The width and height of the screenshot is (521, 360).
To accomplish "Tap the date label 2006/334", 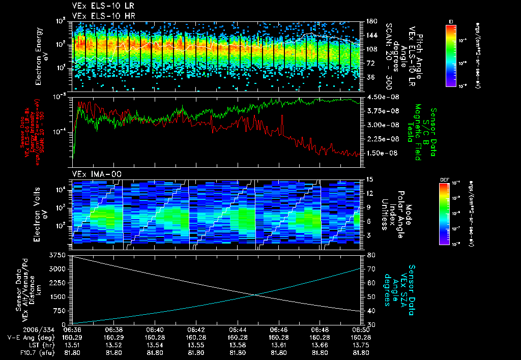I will point(18,329).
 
